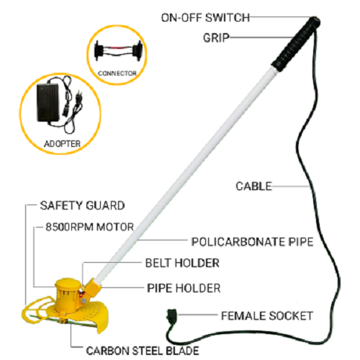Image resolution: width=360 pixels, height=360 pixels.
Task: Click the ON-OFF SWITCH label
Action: [x=205, y=18]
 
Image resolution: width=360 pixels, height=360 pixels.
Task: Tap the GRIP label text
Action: [x=216, y=38]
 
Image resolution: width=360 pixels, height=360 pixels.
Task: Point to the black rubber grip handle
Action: [x=296, y=43]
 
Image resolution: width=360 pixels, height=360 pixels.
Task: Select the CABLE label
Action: [x=253, y=186]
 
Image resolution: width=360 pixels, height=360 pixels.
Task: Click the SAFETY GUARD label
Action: [x=82, y=205]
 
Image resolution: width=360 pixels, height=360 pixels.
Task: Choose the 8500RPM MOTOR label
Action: [x=89, y=227]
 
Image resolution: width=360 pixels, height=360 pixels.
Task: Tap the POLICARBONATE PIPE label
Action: [x=252, y=242]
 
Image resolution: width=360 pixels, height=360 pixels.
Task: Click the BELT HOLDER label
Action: [x=182, y=263]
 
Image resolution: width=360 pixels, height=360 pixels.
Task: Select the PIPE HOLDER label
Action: [x=184, y=288]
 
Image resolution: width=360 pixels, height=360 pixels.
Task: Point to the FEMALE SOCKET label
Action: [x=267, y=315]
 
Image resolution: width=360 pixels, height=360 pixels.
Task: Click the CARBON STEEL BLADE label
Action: [x=143, y=351]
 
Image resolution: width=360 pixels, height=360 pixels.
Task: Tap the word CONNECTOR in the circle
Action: [x=117, y=73]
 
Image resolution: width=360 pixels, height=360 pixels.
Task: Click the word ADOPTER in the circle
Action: [x=63, y=144]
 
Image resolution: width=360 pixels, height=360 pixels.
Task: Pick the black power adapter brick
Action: [x=48, y=102]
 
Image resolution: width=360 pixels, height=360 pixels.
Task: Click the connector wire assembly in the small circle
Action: [x=117, y=51]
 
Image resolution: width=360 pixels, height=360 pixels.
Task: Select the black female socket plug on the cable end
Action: [x=172, y=315]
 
